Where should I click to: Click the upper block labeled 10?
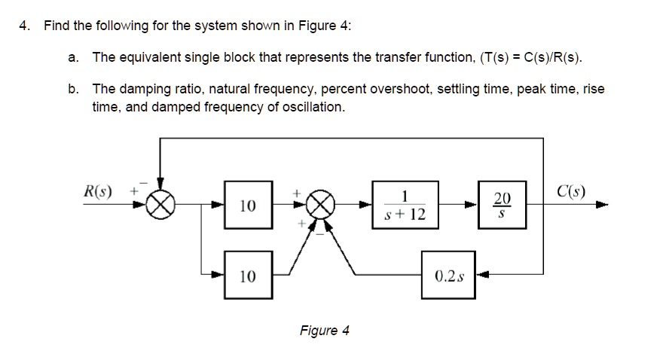(x=246, y=205)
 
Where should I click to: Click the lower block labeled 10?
(x=246, y=276)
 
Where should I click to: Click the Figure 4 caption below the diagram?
(x=324, y=331)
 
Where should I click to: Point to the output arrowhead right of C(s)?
(x=603, y=205)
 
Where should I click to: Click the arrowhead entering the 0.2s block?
(x=481, y=276)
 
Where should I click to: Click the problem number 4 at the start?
(x=24, y=26)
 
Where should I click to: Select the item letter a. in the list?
(x=73, y=57)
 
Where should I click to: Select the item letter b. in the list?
(x=73, y=89)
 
